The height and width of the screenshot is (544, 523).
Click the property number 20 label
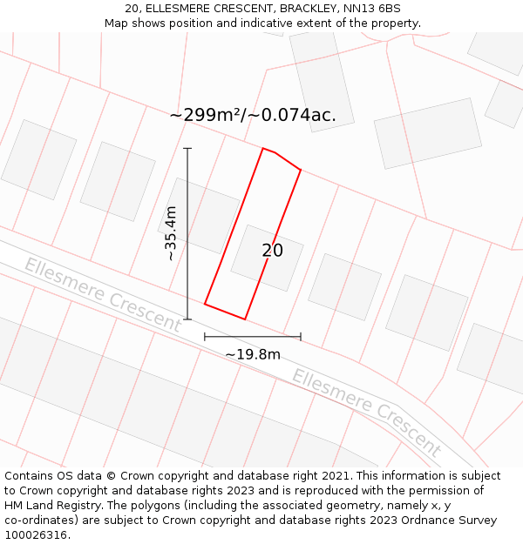coord(272,251)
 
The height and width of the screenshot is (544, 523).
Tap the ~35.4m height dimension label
coord(171,233)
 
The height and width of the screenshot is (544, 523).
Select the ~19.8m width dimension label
coord(253,354)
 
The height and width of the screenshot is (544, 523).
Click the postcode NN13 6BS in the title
coord(371,9)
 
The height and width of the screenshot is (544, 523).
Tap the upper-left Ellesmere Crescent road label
coord(102,295)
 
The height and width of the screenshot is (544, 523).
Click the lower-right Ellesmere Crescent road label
coord(367,413)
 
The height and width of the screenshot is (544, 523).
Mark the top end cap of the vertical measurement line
coord(187,149)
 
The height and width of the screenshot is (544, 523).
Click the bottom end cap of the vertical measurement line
coord(187,319)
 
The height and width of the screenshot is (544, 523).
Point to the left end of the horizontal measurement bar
coord(205,336)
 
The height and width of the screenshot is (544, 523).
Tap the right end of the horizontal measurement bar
coord(301,336)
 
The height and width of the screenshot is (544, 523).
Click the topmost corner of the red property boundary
coord(263,149)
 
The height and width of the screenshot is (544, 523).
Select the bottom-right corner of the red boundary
coord(245,319)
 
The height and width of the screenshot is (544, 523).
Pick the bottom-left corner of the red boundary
coord(205,304)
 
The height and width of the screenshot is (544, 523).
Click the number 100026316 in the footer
coord(36,534)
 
